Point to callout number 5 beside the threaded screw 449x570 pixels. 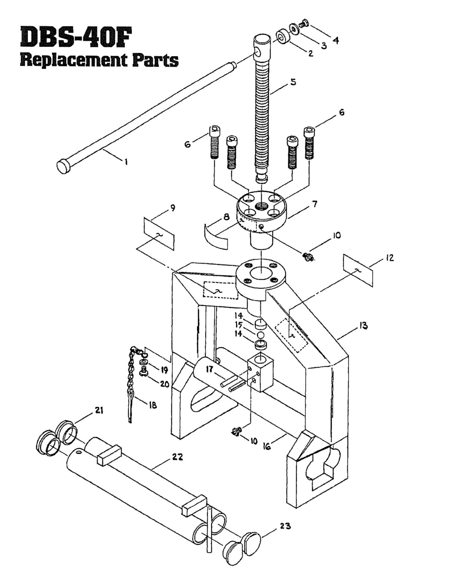[x=293, y=82]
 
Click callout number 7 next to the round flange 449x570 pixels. [x=315, y=205]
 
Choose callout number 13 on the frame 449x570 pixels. [x=363, y=325]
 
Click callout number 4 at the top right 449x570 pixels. [x=336, y=40]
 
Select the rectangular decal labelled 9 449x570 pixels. [x=159, y=234]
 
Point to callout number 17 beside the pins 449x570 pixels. [x=209, y=370]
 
